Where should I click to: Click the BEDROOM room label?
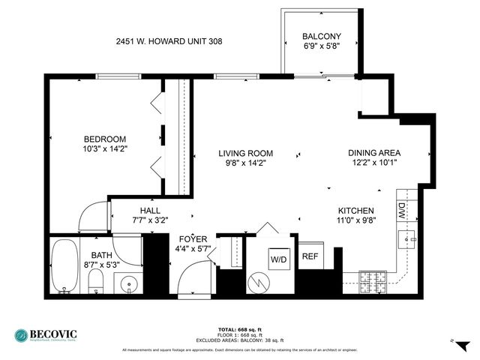(104, 139)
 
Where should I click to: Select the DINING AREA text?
(373, 152)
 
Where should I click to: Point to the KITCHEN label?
(356, 211)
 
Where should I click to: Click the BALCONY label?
(321, 37)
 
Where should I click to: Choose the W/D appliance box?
(278, 259)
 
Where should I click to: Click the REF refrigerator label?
(310, 256)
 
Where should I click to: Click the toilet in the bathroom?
(95, 283)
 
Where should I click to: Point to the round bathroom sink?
(127, 285)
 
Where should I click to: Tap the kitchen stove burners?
(372, 283)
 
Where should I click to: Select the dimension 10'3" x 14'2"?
(104, 148)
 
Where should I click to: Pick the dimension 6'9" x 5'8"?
(321, 46)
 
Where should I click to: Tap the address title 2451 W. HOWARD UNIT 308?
(169, 42)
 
